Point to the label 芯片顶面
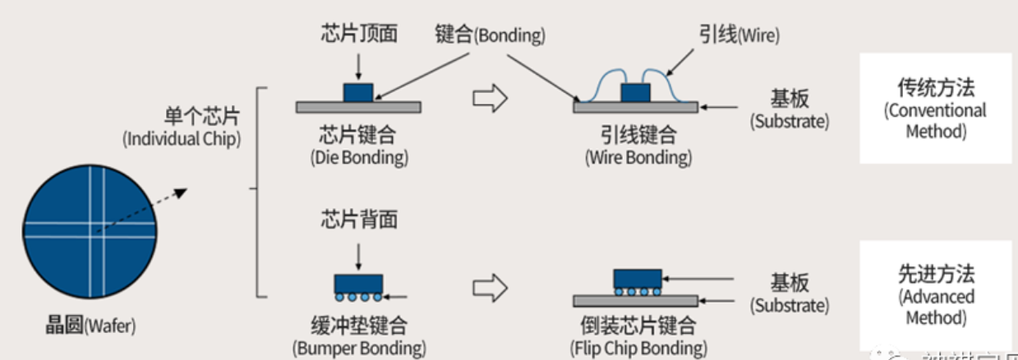click(358, 34)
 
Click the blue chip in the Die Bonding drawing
click(358, 91)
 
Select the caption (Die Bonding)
click(358, 156)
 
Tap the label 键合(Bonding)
click(490, 35)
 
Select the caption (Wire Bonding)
click(638, 157)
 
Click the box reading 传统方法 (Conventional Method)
click(935, 108)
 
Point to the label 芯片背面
click(358, 219)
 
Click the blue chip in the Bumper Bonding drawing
click(358, 283)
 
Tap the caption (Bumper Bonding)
click(359, 348)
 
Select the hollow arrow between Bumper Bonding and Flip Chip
click(490, 288)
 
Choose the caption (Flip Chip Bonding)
click(638, 348)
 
